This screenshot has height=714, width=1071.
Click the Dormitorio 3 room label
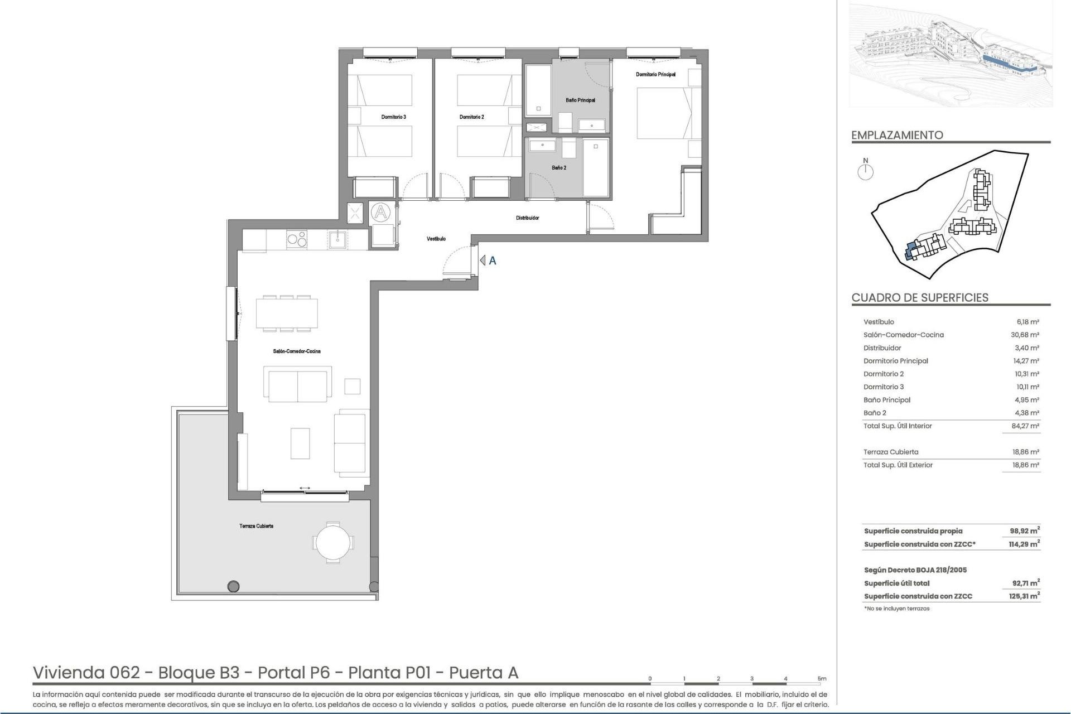pos(393,117)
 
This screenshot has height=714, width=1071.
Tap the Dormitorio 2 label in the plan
pos(471,117)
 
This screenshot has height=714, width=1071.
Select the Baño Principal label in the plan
pos(580,100)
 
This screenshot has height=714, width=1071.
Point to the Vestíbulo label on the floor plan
pos(436,239)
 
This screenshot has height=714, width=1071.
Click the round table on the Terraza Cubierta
pos(333,542)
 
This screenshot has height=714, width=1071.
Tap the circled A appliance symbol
pos(380,212)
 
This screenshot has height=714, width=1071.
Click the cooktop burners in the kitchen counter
pos(296,240)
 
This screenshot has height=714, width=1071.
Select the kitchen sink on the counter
pos(337,240)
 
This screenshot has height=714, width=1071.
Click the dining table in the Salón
pos(287,313)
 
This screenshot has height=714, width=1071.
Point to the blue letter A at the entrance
pos(493,260)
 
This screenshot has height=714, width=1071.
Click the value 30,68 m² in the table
pos(1026,335)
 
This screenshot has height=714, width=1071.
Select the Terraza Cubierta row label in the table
pos(890,452)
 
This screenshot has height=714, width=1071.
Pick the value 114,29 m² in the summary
pos(1024,544)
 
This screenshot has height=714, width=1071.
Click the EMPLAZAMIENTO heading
pos(897,135)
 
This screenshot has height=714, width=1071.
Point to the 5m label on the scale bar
pos(822,679)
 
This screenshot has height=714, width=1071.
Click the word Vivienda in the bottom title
pos(69,673)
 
